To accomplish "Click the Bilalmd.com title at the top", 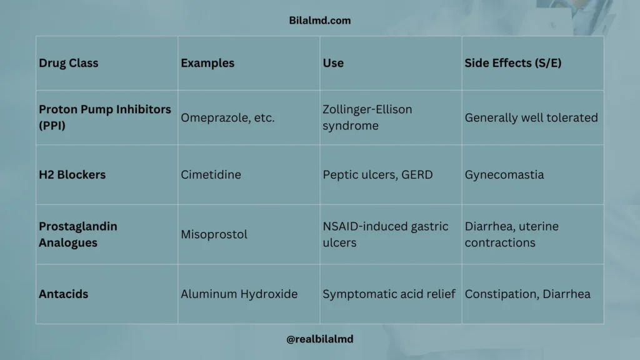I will pyautogui.click(x=320, y=20).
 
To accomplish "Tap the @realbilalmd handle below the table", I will pyautogui.click(x=320, y=339).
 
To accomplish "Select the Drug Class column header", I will pyautogui.click(x=69, y=63).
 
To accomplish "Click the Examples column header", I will pyautogui.click(x=207, y=63).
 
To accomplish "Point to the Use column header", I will pyautogui.click(x=333, y=63).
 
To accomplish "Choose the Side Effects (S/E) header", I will pyautogui.click(x=513, y=63).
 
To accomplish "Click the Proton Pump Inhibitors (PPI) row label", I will pyautogui.click(x=105, y=117).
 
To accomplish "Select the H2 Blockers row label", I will pyautogui.click(x=72, y=175).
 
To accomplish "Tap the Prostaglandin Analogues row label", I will pyautogui.click(x=78, y=234).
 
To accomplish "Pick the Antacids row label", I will pyautogui.click(x=64, y=294).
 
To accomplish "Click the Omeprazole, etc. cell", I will pyautogui.click(x=227, y=117).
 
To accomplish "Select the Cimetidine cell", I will pyautogui.click(x=211, y=175).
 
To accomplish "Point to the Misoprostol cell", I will pyautogui.click(x=214, y=234).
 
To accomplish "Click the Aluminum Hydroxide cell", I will pyautogui.click(x=239, y=294).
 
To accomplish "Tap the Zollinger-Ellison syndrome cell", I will pyautogui.click(x=367, y=117).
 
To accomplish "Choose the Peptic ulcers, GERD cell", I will pyautogui.click(x=377, y=175).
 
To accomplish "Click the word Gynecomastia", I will pyautogui.click(x=504, y=175).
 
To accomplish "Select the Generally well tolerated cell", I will pyautogui.click(x=531, y=117).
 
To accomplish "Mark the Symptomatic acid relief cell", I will pyautogui.click(x=389, y=294).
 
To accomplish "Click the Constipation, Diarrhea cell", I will pyautogui.click(x=527, y=294).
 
